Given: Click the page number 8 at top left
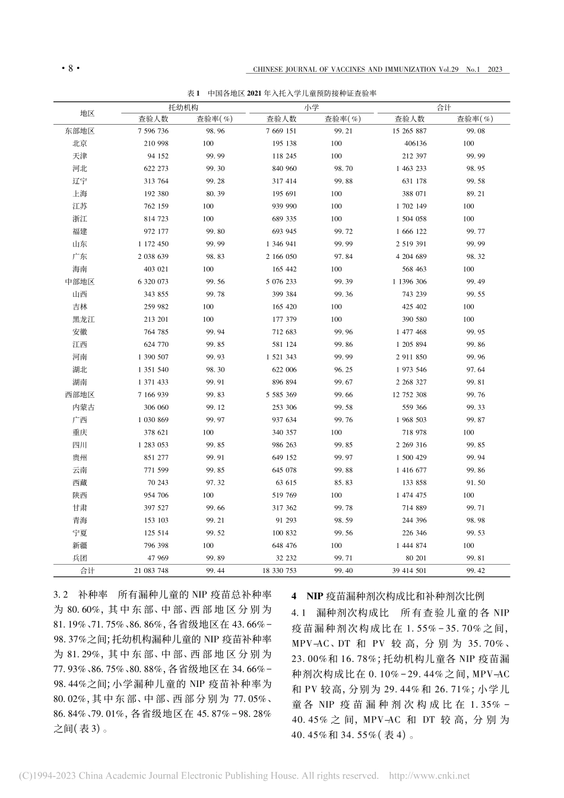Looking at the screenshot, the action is pos(71,69).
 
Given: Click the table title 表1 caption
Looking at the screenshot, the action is pos(282,93).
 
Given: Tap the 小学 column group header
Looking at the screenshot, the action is pos(311,107).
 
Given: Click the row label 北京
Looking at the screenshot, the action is pos(80,144).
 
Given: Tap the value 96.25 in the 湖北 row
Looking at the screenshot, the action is pos(343,369).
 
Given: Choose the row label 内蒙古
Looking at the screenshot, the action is pos(83,407).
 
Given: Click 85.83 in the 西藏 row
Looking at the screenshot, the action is pos(343,483).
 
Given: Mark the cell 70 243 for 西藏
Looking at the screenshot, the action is pos(157,483).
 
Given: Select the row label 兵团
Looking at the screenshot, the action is pos(80,558).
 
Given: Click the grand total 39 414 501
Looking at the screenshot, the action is pos(409,571).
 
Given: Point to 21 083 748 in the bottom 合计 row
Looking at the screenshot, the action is pos(151,571).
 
